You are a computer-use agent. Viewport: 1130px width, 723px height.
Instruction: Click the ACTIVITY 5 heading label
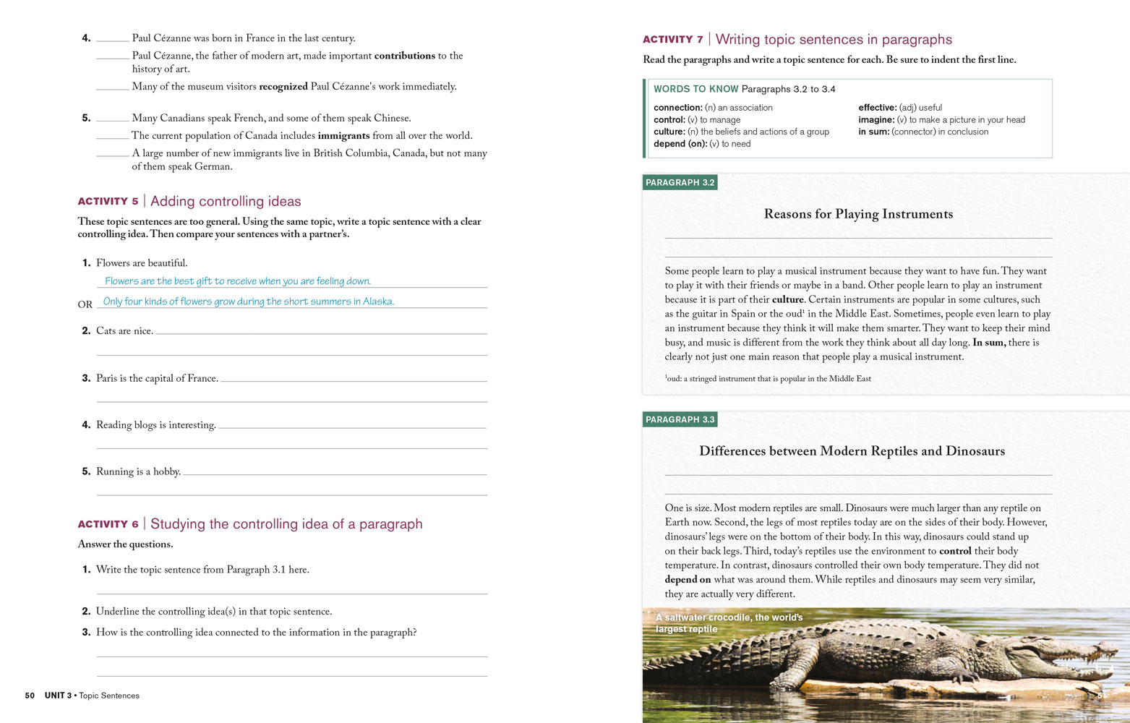point(108,202)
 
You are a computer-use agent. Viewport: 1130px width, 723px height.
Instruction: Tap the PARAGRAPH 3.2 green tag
point(680,183)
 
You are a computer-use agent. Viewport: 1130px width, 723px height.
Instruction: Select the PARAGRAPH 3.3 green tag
point(680,420)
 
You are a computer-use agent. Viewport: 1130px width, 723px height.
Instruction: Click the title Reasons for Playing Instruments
point(858,214)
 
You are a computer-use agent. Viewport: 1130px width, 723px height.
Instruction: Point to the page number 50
point(30,696)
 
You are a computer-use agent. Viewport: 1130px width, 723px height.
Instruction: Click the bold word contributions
point(404,56)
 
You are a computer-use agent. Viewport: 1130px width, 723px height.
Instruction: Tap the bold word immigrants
point(343,136)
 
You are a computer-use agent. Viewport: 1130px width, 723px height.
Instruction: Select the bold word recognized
point(283,87)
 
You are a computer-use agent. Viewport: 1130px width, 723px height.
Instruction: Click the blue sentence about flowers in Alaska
point(248,301)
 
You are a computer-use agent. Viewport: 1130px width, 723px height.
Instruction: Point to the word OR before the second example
point(85,304)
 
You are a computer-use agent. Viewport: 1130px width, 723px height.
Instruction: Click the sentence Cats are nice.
point(124,331)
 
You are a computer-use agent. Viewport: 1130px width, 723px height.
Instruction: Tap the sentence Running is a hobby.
point(138,471)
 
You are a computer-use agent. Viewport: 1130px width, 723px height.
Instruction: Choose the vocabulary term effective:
point(877,108)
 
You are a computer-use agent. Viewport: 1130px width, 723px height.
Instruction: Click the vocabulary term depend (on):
point(680,144)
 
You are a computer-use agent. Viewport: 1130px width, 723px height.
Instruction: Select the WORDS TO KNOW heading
point(695,89)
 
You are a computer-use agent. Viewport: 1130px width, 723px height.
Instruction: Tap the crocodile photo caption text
point(729,623)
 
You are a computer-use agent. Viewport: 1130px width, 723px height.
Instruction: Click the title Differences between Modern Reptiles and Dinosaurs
point(852,451)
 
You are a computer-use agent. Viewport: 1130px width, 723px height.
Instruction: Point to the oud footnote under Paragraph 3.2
point(768,379)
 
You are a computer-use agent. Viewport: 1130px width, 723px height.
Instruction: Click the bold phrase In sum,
point(988,343)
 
